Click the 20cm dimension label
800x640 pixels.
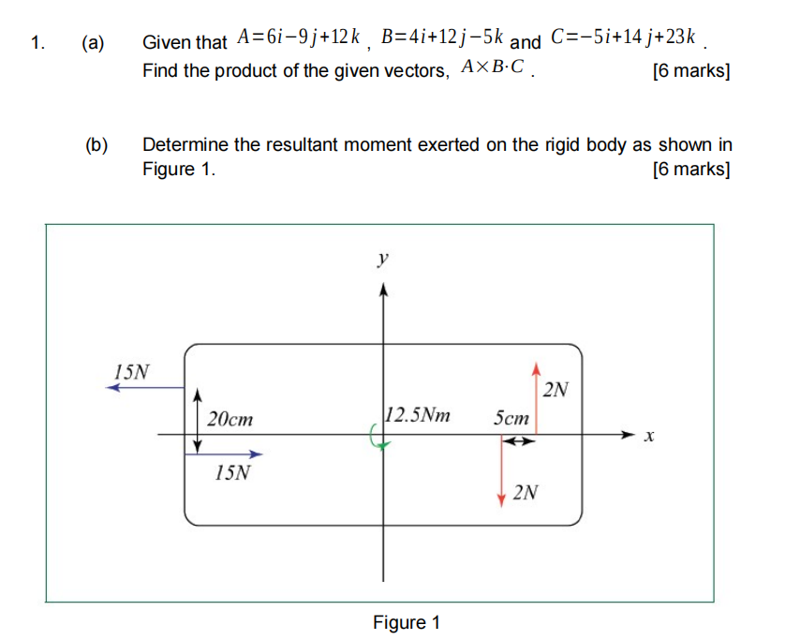[230, 419]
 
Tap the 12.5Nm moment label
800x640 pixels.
[417, 414]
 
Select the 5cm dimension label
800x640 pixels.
[511, 418]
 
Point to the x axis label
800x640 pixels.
[648, 436]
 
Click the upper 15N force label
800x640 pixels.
[131, 370]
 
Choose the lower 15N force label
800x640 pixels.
[232, 472]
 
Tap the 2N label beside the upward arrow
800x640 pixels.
[556, 389]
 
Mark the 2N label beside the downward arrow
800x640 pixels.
[526, 492]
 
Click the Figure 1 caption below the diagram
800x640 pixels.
[407, 622]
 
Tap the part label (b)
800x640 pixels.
[96, 144]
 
